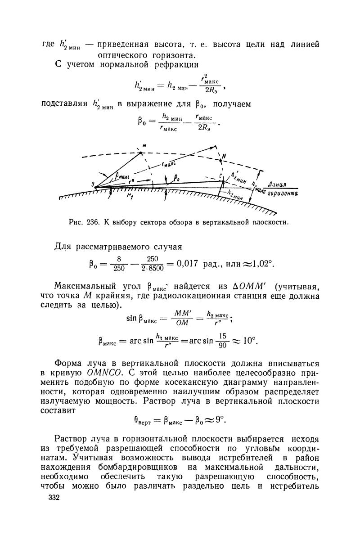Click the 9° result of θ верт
click(x=218, y=421)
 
